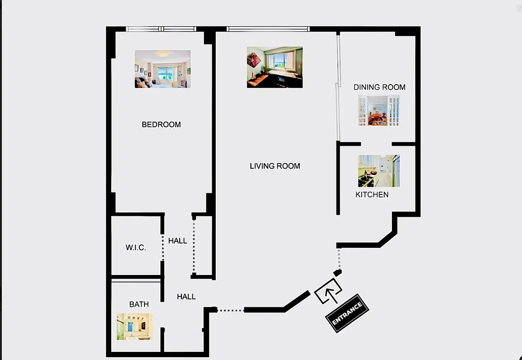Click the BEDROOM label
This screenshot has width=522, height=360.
coord(161,125)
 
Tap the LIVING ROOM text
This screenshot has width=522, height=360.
coord(275,166)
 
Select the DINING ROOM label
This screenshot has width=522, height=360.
coord(379,87)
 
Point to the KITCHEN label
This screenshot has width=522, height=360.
coord(372,195)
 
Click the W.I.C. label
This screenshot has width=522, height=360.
coord(136,248)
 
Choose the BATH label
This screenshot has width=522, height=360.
coord(139,305)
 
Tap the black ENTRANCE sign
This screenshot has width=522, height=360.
coord(347,313)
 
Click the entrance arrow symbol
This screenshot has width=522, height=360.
coord(327,291)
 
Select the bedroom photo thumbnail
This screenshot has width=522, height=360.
coord(163,69)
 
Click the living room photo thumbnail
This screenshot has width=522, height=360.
coord(275,67)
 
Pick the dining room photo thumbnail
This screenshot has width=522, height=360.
coord(379,111)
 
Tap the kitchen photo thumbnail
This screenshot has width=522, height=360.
coord(379,171)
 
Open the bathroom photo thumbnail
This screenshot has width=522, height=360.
coord(135,326)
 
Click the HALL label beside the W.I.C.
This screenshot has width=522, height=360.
coord(177,241)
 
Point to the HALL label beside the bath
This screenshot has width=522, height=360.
coord(186,297)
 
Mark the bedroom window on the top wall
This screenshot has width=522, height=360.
coord(161,29)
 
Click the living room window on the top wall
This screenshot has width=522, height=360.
coord(268,29)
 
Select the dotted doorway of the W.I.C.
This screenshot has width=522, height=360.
coord(163,247)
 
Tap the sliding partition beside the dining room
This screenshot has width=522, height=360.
coord(338,85)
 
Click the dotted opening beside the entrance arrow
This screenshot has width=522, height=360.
coord(339,259)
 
